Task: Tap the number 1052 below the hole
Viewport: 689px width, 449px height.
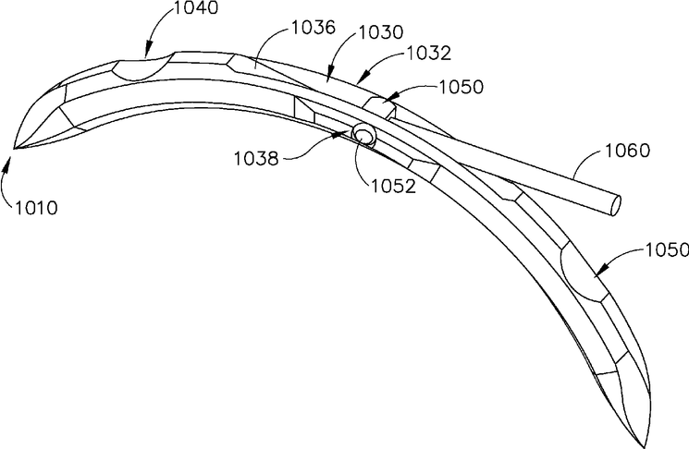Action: click(393, 186)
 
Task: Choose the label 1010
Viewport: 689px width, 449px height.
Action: click(36, 207)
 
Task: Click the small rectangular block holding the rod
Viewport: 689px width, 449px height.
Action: click(379, 107)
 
